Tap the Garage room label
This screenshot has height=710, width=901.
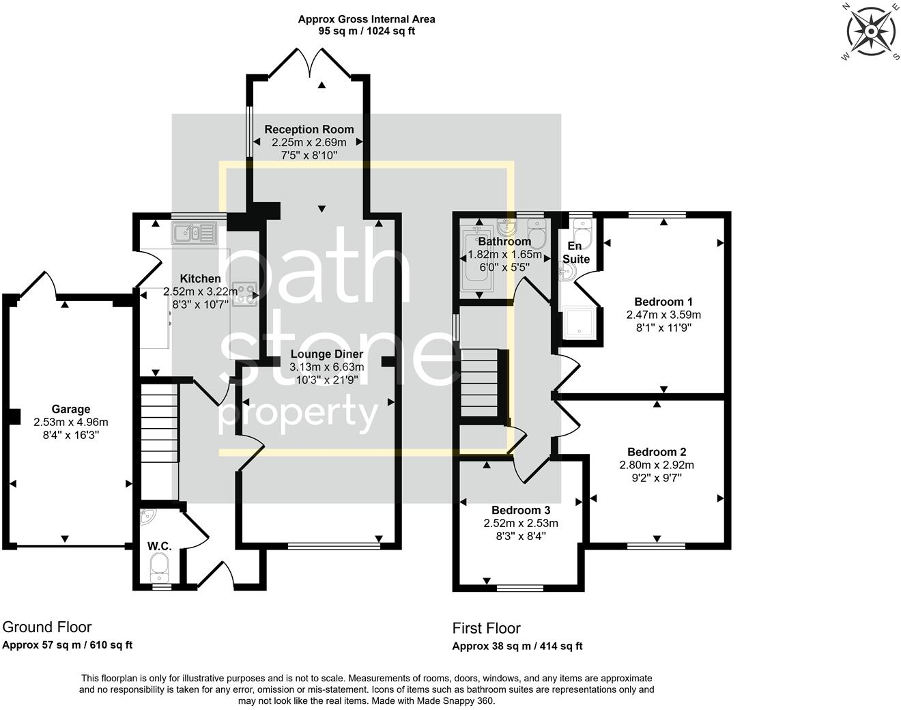(71, 409)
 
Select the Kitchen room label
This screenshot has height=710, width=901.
(200, 279)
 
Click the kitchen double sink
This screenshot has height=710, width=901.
(194, 233)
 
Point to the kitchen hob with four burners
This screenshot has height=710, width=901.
(244, 294)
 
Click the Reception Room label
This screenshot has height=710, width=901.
(309, 129)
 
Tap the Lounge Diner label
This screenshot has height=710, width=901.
(326, 354)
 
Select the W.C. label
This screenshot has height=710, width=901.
(159, 546)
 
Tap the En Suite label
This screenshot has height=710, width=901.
(575, 252)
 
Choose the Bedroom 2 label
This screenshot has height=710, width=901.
(656, 452)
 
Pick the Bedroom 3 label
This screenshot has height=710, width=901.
(520, 511)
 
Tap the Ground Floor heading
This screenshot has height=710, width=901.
(47, 627)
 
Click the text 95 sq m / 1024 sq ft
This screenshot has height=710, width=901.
(366, 31)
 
